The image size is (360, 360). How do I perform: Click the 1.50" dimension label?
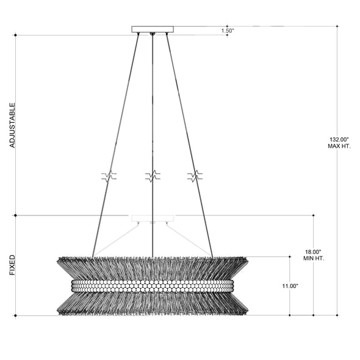(x=228, y=31)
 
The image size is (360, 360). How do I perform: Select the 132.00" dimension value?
(x=339, y=139)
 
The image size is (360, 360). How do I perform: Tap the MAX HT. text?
(x=339, y=146)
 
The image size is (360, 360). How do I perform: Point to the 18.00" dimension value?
(x=314, y=251)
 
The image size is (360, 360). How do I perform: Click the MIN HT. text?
(x=314, y=258)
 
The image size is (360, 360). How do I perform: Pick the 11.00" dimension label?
(x=290, y=286)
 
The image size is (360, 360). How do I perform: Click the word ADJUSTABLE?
(x=12, y=125)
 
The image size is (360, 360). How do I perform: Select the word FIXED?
(x=12, y=265)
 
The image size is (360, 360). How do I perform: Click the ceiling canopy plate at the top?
(x=153, y=29)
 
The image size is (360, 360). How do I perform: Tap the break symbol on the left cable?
(x=109, y=176)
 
